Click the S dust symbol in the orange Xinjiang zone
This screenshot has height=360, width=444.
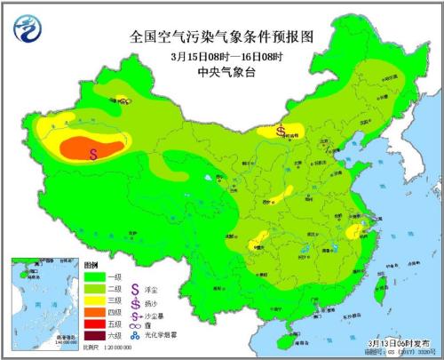(x=93, y=153)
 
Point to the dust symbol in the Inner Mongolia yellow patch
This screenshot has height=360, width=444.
(x=281, y=132)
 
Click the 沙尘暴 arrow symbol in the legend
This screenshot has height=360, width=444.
(x=135, y=314)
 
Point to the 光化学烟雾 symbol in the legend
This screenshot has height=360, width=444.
(x=135, y=336)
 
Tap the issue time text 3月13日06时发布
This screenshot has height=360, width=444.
(x=395, y=341)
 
